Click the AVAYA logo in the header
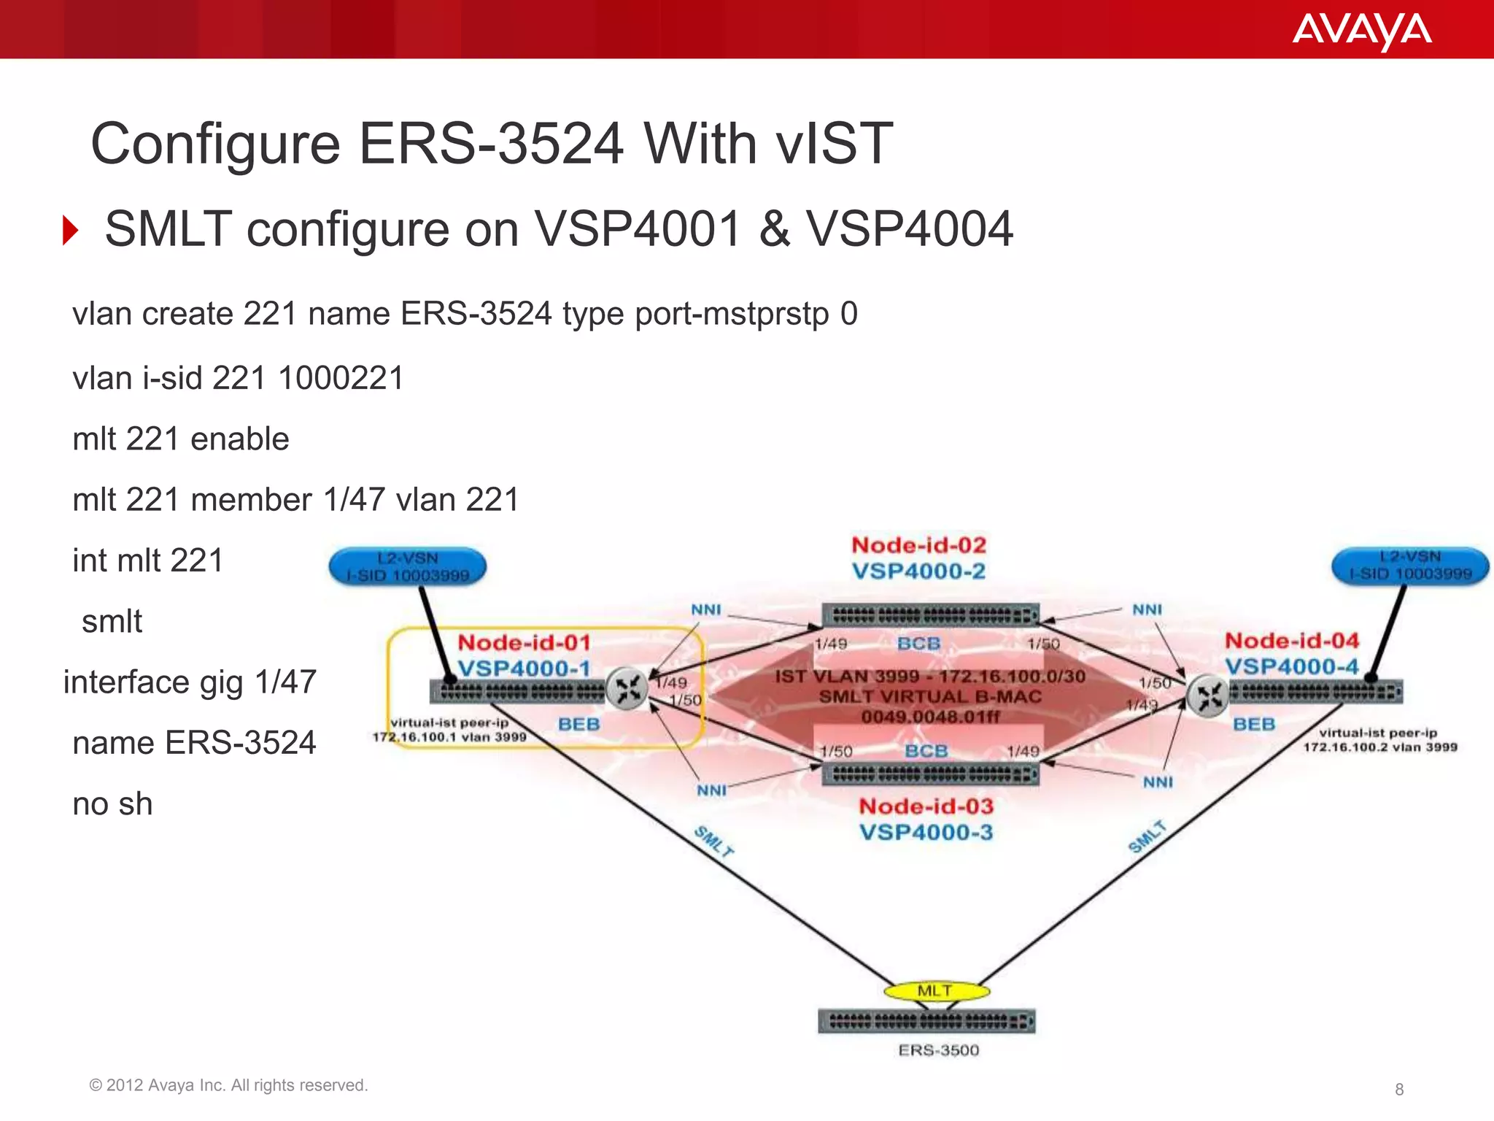pos(1361,31)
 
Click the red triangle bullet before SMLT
pos(71,231)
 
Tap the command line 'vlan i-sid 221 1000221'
pos(238,379)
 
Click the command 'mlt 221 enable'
pos(181,439)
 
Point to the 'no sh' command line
pos(112,804)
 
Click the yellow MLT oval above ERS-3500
pos(936,991)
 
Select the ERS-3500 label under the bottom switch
pos(938,1050)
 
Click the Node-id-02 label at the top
pos(918,545)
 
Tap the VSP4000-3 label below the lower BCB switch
pos(926,833)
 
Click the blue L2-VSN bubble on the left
pos(408,567)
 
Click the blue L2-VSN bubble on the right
pos(1410,566)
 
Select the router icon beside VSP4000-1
pos(627,687)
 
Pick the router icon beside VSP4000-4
pos(1207,696)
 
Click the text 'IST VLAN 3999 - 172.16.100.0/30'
pos(930,677)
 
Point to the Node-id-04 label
pos(1292,641)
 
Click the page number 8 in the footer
pos(1398,1090)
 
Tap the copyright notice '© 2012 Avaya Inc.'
pos(228,1085)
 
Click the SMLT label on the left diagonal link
pos(713,841)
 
